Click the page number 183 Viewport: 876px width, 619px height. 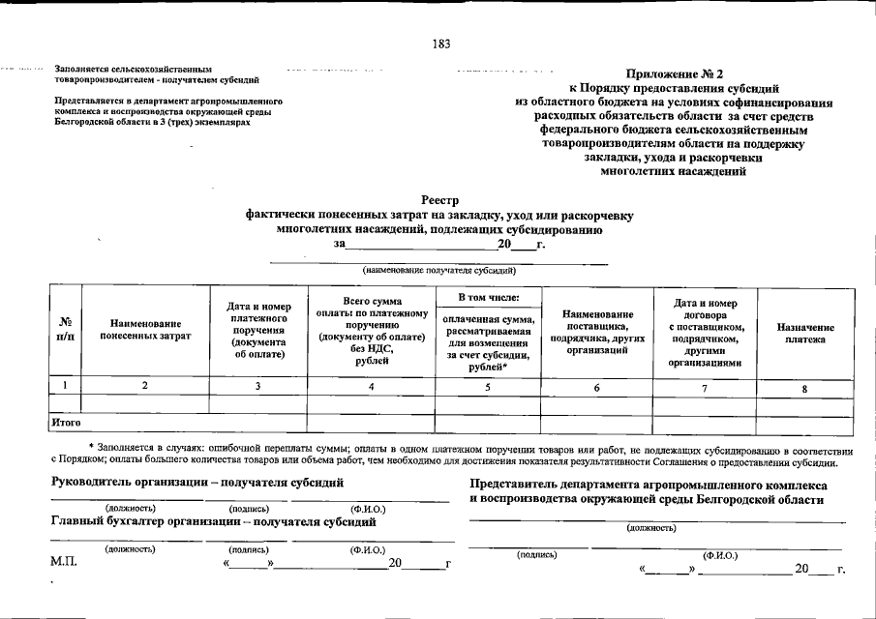[x=441, y=44]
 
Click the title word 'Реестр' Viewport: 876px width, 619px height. [x=438, y=201]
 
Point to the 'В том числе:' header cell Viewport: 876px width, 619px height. [x=488, y=297]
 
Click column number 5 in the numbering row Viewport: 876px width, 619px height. [x=488, y=387]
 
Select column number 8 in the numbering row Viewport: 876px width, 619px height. [x=804, y=389]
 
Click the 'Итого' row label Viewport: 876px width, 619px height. [x=66, y=423]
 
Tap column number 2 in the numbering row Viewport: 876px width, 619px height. [x=145, y=386]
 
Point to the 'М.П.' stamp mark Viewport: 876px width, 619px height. [x=64, y=562]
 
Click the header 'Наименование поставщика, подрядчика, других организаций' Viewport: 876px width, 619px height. [x=597, y=332]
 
